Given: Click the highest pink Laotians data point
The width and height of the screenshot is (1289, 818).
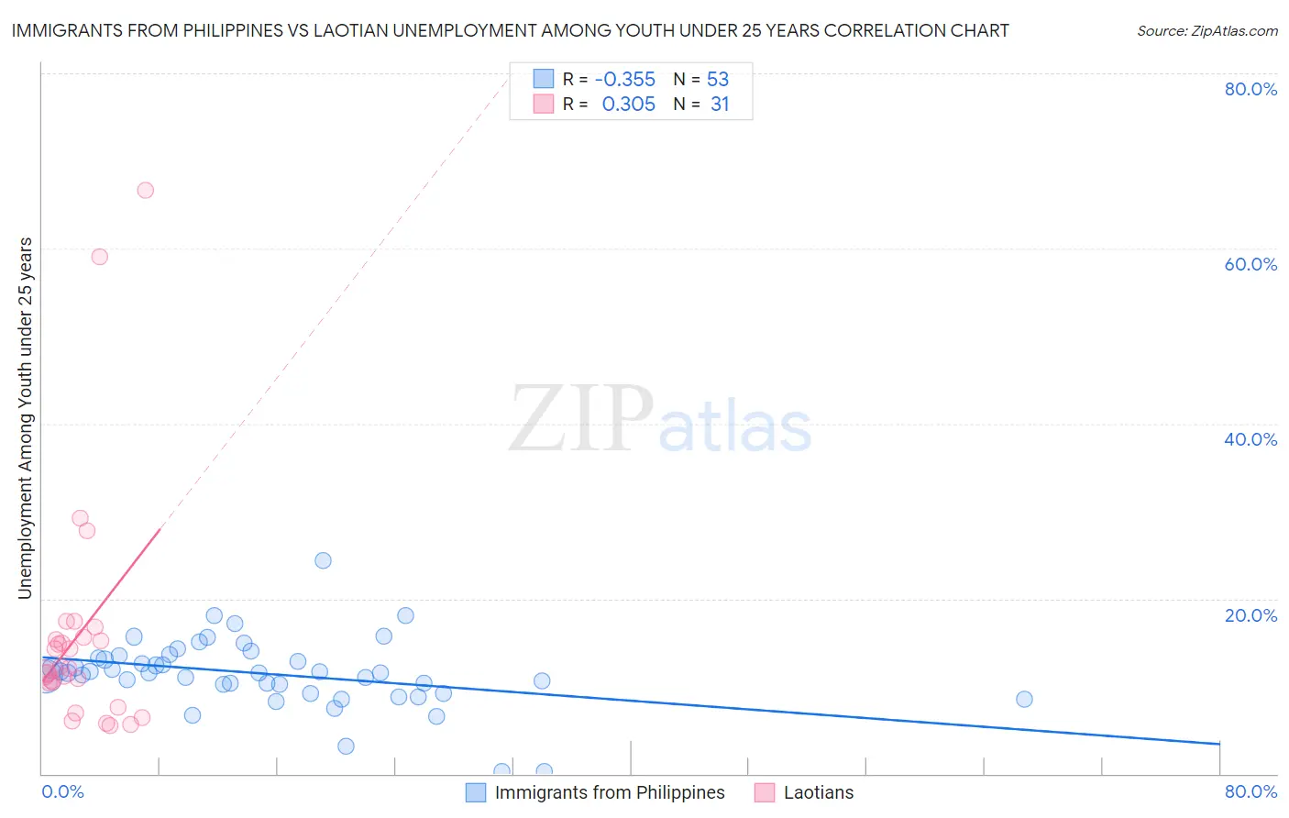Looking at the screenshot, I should click(x=145, y=191).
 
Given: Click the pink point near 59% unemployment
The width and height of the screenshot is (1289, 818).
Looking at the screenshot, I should click(x=100, y=257).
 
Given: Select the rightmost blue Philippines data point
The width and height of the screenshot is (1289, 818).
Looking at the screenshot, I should click(x=1024, y=699).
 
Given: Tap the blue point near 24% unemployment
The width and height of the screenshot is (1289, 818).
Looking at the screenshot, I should click(x=323, y=560).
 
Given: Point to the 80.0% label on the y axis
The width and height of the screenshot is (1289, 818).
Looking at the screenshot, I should click(x=1250, y=89).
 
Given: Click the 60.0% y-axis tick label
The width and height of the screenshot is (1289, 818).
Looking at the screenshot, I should click(x=1250, y=264).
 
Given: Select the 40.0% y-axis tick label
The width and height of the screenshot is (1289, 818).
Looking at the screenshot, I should click(x=1250, y=439).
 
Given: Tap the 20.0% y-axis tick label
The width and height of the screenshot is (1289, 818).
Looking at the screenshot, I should click(x=1250, y=615).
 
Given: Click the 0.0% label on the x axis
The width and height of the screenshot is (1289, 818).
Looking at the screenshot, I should click(x=62, y=791).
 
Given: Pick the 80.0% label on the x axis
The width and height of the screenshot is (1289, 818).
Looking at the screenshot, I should click(x=1250, y=791).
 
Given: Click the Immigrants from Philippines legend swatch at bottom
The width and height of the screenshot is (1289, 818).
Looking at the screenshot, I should click(x=476, y=792).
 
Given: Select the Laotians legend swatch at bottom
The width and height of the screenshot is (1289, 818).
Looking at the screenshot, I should click(x=765, y=792).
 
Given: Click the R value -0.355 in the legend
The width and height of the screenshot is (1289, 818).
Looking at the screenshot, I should click(x=624, y=79).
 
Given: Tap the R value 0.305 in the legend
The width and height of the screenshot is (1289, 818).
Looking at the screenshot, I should click(x=628, y=105).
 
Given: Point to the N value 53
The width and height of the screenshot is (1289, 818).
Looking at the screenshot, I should click(x=718, y=79).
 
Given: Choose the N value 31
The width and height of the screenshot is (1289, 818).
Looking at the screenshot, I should click(x=720, y=105).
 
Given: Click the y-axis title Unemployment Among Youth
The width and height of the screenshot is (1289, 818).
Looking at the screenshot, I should click(x=26, y=418).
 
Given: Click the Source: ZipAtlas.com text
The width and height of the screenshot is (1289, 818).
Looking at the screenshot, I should click(x=1206, y=30).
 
